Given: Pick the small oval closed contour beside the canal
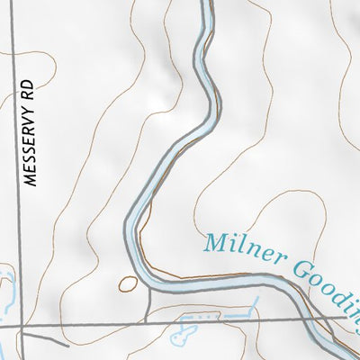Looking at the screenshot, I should pos(128,284).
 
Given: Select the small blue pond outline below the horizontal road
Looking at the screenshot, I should pos(181,337).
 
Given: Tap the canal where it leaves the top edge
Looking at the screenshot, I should pos(206,4).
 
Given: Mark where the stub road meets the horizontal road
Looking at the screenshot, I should pos(147,321).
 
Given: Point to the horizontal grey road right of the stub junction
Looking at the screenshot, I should pos(252,319).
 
